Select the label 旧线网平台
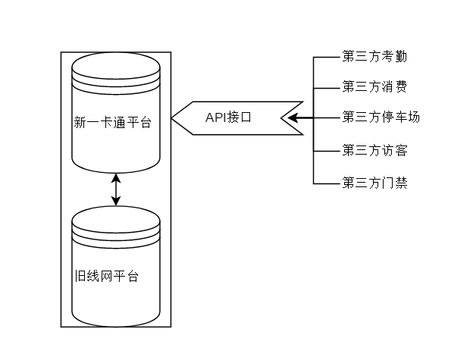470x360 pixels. point(106,276)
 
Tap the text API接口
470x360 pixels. point(228,117)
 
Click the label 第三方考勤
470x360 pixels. point(375,57)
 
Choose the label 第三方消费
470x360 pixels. point(374,86)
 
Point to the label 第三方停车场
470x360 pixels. point(381,117)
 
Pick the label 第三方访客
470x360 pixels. point(375,150)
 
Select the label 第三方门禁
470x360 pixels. point(375,183)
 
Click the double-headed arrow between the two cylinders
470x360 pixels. point(116,189)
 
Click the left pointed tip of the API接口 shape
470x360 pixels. point(174,117)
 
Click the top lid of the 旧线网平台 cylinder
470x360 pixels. point(116,220)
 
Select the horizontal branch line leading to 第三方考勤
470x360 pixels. point(326,57)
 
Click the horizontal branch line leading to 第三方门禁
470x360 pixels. point(326,183)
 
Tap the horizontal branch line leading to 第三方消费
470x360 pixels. point(326,86)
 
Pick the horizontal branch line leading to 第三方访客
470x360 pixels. point(326,150)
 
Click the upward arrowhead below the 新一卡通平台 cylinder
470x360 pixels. point(116,178)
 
